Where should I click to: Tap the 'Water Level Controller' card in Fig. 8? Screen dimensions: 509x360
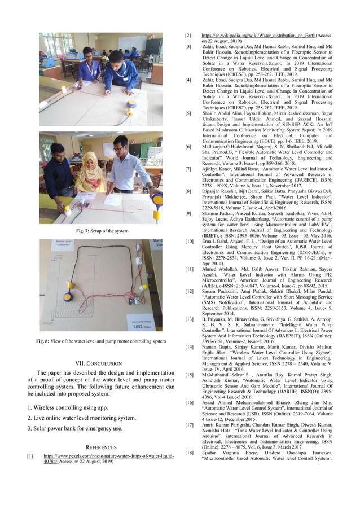tap(65, 245)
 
